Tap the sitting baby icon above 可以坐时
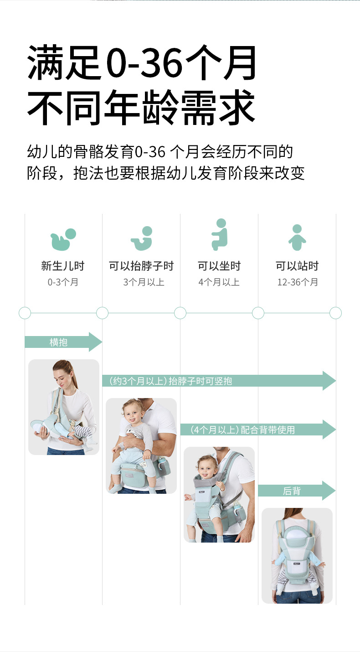pyautogui.click(x=219, y=234)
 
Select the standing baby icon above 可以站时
pyautogui.click(x=297, y=237)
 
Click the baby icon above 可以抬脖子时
pyautogui.click(x=141, y=238)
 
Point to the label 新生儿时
pyautogui.click(x=63, y=266)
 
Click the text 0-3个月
pyautogui.click(x=63, y=282)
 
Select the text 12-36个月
pyautogui.click(x=298, y=282)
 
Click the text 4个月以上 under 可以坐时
pyautogui.click(x=219, y=282)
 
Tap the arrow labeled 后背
pyautogui.click(x=296, y=491)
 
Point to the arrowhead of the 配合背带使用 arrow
pyautogui.click(x=329, y=429)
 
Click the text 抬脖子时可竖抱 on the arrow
pyautogui.click(x=201, y=381)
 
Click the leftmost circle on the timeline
pyautogui.click(x=25, y=313)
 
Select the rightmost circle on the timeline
pyautogui.click(x=335, y=313)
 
